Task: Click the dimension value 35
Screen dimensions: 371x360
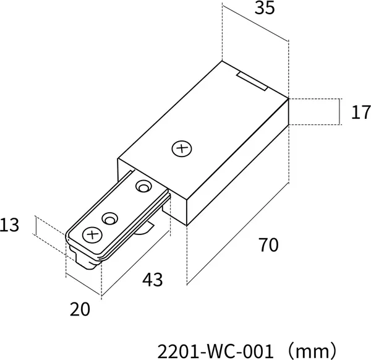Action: (x=265, y=8)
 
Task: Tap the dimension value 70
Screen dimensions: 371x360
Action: (x=269, y=245)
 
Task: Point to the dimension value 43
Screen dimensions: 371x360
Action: (x=153, y=280)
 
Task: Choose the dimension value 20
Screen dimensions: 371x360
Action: (x=80, y=309)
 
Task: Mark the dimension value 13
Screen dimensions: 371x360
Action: (x=9, y=225)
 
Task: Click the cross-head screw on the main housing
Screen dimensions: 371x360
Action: (x=182, y=148)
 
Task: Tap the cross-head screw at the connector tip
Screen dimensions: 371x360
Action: (x=92, y=235)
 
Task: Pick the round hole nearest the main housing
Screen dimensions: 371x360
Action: (x=143, y=186)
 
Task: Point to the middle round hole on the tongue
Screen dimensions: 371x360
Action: (x=110, y=218)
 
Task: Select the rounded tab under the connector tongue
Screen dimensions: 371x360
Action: (x=144, y=228)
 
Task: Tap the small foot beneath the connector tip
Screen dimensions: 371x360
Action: (x=86, y=262)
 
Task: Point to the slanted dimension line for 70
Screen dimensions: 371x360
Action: (x=238, y=234)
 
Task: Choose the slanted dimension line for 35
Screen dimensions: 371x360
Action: (x=255, y=22)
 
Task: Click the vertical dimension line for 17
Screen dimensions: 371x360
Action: (x=340, y=111)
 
